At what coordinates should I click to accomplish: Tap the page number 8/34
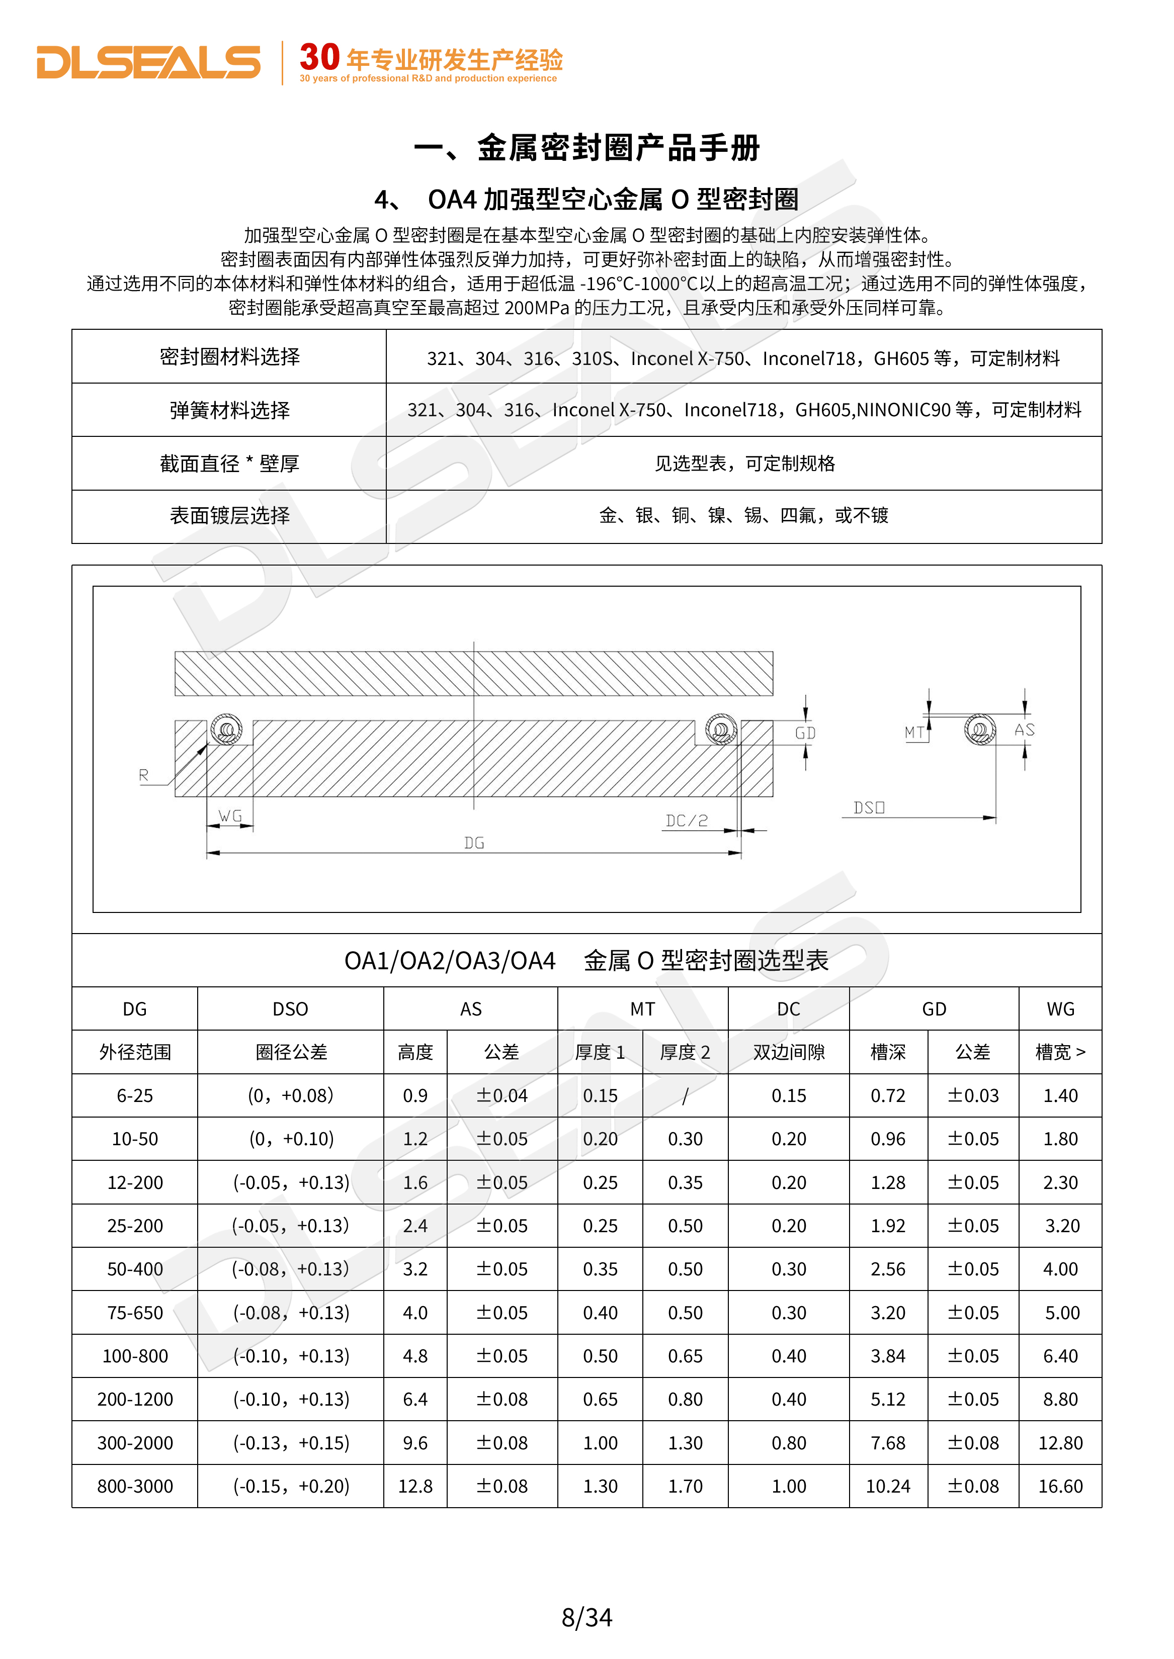(x=586, y=1616)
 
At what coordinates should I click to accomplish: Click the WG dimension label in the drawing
(x=230, y=816)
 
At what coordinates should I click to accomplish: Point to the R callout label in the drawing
(x=143, y=775)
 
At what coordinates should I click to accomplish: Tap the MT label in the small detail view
(x=914, y=732)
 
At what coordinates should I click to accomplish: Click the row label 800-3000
(x=135, y=1486)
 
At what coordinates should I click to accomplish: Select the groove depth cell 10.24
(x=888, y=1486)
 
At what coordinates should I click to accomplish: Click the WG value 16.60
(x=1060, y=1486)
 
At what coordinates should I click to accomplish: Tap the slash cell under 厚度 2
(x=685, y=1095)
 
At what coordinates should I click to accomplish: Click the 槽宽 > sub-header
(x=1060, y=1052)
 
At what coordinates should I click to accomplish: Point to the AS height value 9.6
(x=415, y=1442)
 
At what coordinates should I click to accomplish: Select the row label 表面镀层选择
(x=229, y=515)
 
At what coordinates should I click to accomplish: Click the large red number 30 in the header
(x=319, y=57)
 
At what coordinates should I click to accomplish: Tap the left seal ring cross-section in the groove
(x=226, y=729)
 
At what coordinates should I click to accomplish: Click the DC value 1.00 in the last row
(x=788, y=1486)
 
